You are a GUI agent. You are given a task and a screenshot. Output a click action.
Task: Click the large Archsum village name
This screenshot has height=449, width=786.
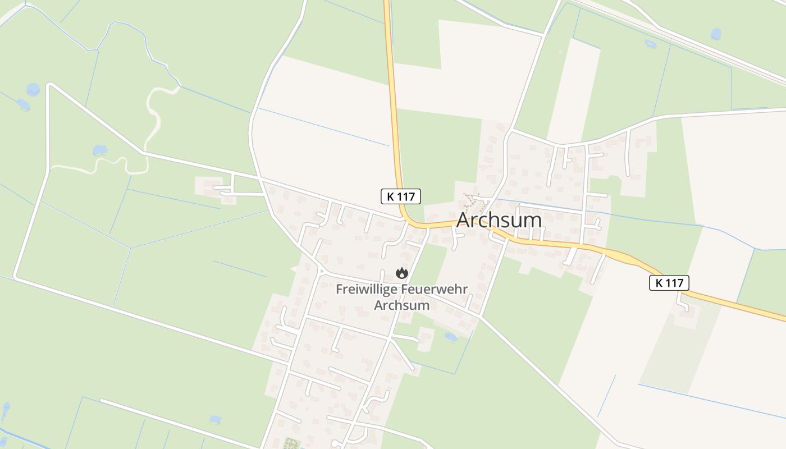(499, 219)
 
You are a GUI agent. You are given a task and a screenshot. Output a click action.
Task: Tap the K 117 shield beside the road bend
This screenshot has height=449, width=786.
(401, 196)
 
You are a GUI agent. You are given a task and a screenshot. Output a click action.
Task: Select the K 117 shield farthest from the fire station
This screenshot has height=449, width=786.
(669, 282)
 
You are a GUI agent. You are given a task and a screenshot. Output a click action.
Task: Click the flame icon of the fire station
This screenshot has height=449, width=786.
(401, 273)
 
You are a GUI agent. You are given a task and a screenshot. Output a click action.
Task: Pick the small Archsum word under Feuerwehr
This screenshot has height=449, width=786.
(401, 306)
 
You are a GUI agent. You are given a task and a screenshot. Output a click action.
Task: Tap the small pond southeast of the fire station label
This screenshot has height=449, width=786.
(450, 337)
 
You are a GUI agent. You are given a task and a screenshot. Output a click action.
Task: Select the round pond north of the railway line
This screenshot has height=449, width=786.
(716, 34)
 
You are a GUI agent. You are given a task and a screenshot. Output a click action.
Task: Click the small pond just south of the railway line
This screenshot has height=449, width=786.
(650, 43)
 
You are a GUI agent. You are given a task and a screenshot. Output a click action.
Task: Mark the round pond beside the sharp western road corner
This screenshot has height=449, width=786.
(33, 89)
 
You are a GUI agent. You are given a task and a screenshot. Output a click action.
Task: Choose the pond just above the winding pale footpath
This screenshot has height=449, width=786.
(99, 150)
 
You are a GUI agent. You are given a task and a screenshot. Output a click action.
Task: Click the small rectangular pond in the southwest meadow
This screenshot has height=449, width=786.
(215, 419)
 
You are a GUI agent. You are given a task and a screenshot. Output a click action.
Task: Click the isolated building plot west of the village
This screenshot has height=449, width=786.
(216, 187)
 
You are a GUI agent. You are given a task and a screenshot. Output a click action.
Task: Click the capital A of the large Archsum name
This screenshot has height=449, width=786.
(464, 220)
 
